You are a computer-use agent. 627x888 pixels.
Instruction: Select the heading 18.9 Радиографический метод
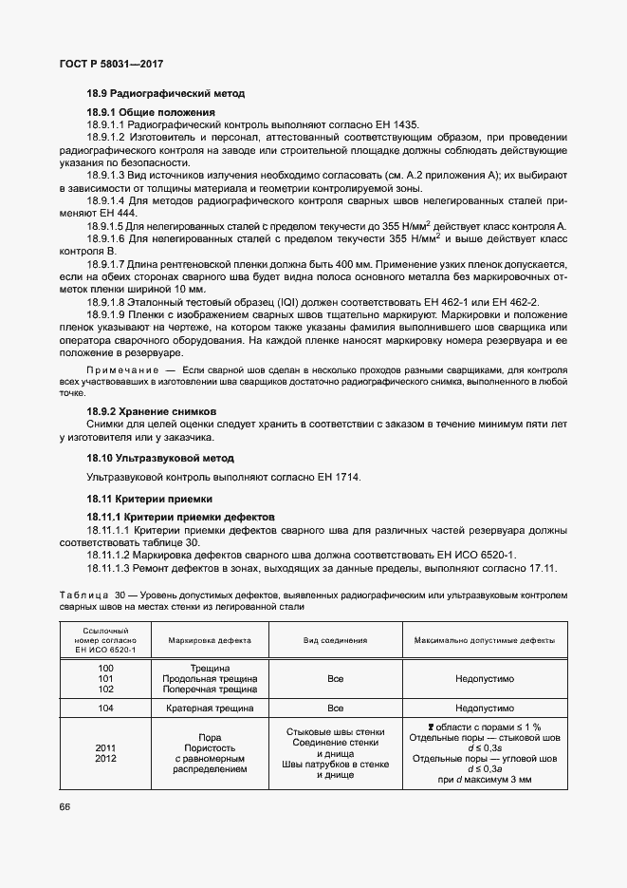(x=165, y=94)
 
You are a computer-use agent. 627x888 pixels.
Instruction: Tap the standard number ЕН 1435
(x=397, y=124)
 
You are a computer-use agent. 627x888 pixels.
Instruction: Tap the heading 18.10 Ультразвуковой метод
(x=166, y=457)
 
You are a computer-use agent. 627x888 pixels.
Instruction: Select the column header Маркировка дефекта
(x=210, y=641)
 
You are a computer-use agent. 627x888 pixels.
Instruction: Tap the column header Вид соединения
(x=335, y=641)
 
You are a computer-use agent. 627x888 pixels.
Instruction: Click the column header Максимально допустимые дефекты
(x=485, y=641)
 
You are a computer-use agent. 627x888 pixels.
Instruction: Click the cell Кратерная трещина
(x=210, y=709)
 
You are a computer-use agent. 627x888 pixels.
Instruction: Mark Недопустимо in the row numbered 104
(x=484, y=709)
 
